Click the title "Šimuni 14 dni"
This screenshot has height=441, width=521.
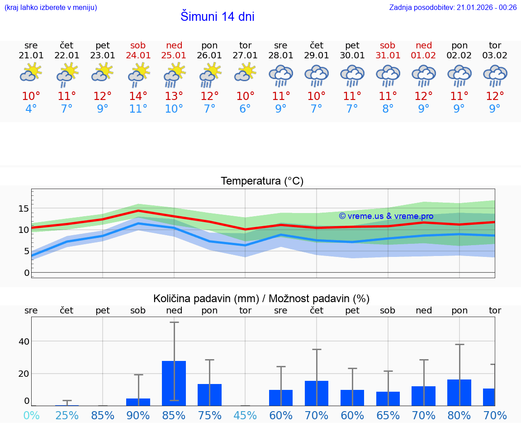pyautogui.click(x=217, y=17)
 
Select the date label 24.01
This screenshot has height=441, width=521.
pyautogui.click(x=138, y=55)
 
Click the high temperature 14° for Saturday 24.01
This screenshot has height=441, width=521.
pyautogui.click(x=138, y=96)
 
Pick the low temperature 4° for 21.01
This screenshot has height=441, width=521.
pyautogui.click(x=31, y=109)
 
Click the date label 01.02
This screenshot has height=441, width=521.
pyautogui.click(x=424, y=55)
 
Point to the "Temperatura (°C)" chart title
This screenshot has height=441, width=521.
pyautogui.click(x=262, y=181)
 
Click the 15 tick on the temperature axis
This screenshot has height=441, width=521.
pyautogui.click(x=24, y=209)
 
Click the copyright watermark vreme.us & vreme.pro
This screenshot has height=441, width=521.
pyautogui.click(x=386, y=216)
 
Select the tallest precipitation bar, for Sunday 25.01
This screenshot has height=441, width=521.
pyautogui.click(x=174, y=383)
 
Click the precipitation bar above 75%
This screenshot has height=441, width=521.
pyautogui.click(x=209, y=394)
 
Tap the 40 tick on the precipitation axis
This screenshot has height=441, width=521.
pyautogui.click(x=24, y=341)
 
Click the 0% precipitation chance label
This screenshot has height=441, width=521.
pyautogui.click(x=31, y=415)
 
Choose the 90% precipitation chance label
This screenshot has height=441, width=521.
pyautogui.click(x=138, y=415)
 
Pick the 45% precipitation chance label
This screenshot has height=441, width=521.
pyautogui.click(x=245, y=415)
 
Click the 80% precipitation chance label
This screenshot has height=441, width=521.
pyautogui.click(x=459, y=415)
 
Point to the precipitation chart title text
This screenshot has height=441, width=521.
pyautogui.click(x=261, y=299)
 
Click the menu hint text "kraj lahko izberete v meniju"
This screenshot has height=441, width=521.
pyautogui.click(x=50, y=7)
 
